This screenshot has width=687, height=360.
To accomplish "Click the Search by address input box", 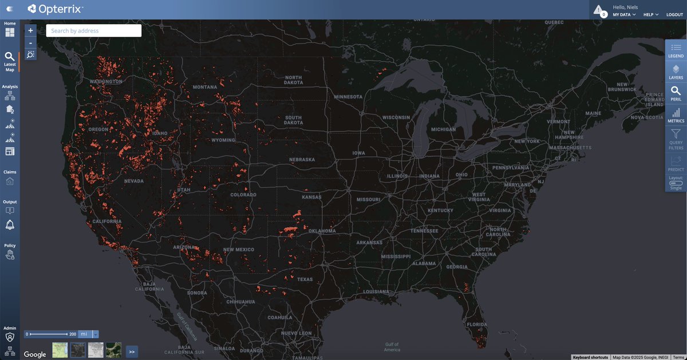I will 93,31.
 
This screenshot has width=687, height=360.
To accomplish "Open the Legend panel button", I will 676,50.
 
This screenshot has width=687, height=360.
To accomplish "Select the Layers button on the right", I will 676,72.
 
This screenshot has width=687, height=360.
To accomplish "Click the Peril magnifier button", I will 676,93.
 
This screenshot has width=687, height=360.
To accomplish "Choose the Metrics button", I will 676,115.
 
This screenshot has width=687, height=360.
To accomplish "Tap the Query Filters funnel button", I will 676,139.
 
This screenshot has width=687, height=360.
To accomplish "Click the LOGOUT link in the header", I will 674,14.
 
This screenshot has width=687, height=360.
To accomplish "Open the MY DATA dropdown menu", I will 624,14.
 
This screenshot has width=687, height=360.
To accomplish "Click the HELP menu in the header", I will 650,14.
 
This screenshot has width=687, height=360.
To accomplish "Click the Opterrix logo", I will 55,9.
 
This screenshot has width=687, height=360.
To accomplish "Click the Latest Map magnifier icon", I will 10,57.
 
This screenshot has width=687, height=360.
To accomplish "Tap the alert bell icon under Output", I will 10,224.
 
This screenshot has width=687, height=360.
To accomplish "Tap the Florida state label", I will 476,324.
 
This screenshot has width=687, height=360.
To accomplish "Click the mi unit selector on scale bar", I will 84,334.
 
